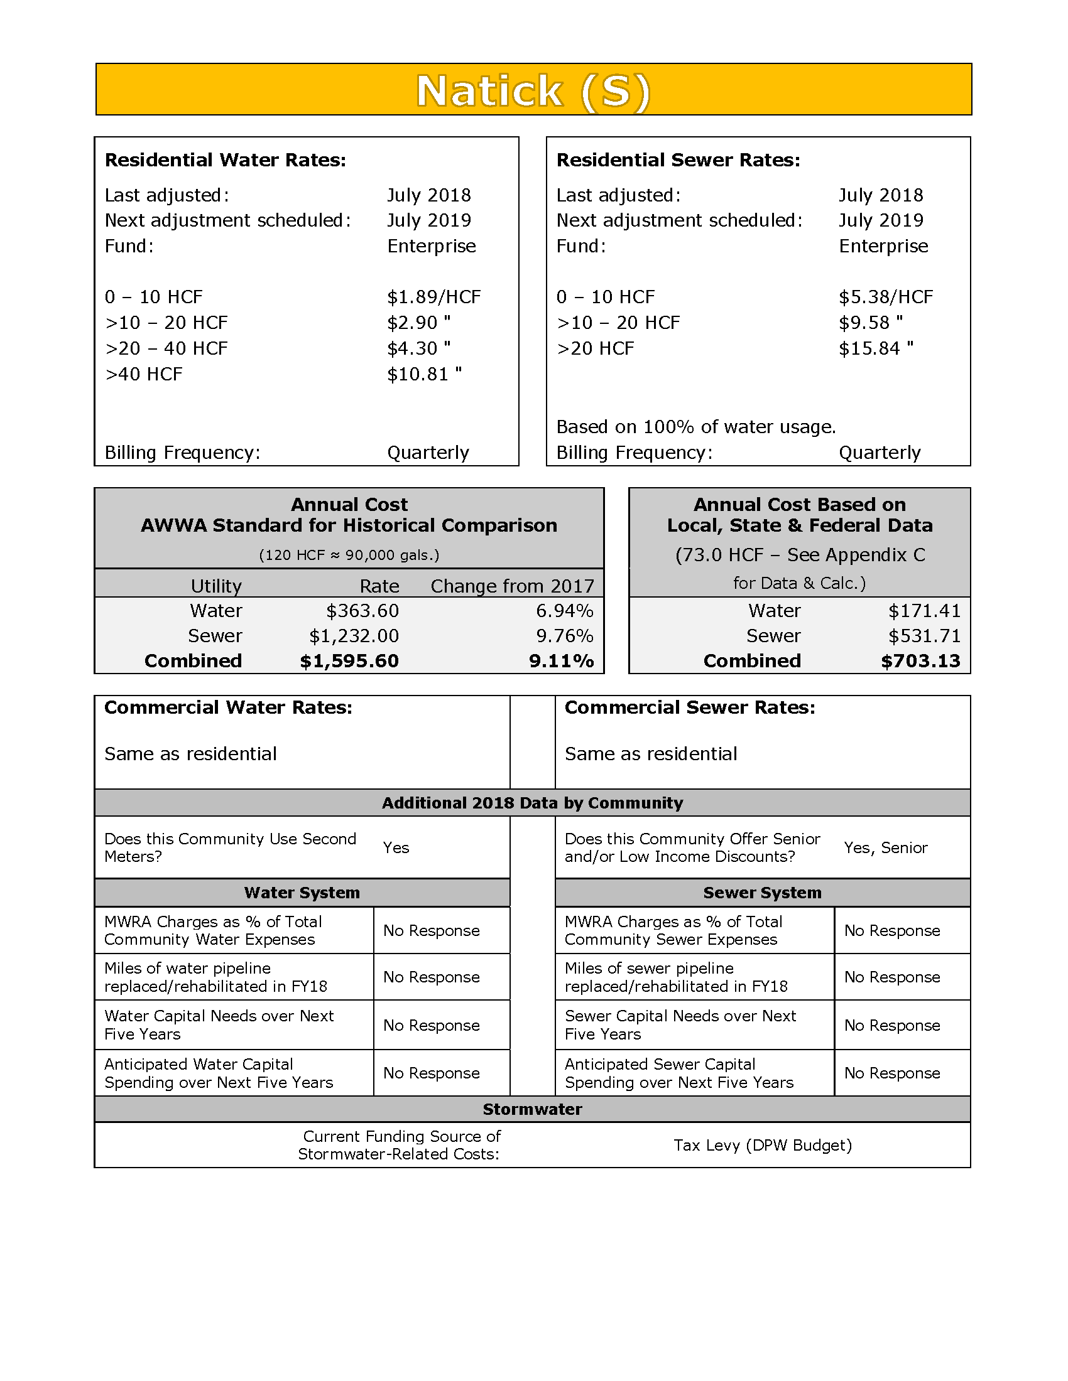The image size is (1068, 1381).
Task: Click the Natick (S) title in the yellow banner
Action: point(533,90)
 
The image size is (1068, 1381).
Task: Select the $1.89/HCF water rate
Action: point(434,296)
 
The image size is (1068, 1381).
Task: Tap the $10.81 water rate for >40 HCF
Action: point(424,374)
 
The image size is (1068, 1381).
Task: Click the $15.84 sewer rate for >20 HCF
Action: point(876,348)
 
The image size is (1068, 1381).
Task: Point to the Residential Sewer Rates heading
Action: point(678,160)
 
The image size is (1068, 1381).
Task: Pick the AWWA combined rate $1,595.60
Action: point(349,661)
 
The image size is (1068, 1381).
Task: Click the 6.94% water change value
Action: point(564,611)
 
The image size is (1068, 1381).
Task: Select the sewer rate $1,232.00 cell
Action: point(354,635)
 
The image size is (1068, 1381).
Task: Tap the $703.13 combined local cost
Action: point(920,661)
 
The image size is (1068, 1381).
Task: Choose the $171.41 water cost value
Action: point(924,611)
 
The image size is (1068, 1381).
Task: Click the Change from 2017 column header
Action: point(513,586)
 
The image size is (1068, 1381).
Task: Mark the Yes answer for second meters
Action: point(396,847)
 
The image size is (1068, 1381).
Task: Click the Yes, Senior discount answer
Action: point(886,847)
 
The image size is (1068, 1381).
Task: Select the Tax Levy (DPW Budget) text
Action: point(763,1145)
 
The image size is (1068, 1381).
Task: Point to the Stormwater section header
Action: point(532,1109)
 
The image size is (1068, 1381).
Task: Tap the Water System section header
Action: point(302,892)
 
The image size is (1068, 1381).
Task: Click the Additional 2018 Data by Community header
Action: point(532,803)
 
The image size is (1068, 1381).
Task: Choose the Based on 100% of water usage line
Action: point(696,427)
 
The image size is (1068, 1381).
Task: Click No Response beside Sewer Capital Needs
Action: point(892,1025)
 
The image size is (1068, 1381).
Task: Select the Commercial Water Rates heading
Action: point(229,707)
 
